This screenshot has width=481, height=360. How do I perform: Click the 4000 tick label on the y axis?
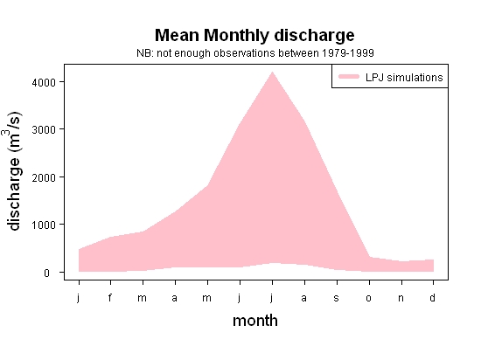pyautogui.click(x=44, y=82)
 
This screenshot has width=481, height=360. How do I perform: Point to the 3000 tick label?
pyautogui.click(x=44, y=129)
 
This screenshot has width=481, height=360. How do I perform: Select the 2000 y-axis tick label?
pyautogui.click(x=44, y=177)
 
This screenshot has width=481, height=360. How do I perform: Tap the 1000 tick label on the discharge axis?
pyautogui.click(x=44, y=225)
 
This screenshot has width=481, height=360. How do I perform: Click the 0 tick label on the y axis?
pyautogui.click(x=46, y=273)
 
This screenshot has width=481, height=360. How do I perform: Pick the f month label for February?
pyautogui.click(x=110, y=297)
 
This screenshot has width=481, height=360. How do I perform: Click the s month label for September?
pyautogui.click(x=337, y=298)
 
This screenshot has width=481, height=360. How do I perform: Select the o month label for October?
pyautogui.click(x=369, y=298)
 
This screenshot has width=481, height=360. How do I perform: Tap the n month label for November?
pyautogui.click(x=401, y=298)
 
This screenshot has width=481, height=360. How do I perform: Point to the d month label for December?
pyautogui.click(x=432, y=297)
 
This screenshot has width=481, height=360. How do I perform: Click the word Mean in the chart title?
pyautogui.click(x=177, y=35)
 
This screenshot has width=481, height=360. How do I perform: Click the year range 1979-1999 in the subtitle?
pyautogui.click(x=348, y=53)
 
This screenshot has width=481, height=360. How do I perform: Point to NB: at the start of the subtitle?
pyautogui.click(x=145, y=53)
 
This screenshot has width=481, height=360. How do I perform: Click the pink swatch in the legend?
pyautogui.click(x=349, y=77)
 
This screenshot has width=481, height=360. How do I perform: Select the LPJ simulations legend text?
pyautogui.click(x=404, y=78)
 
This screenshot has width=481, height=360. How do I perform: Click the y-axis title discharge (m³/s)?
pyautogui.click(x=13, y=171)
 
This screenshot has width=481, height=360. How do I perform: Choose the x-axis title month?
pyautogui.click(x=255, y=321)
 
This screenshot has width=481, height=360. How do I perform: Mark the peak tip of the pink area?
pyautogui.click(x=272, y=72)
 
